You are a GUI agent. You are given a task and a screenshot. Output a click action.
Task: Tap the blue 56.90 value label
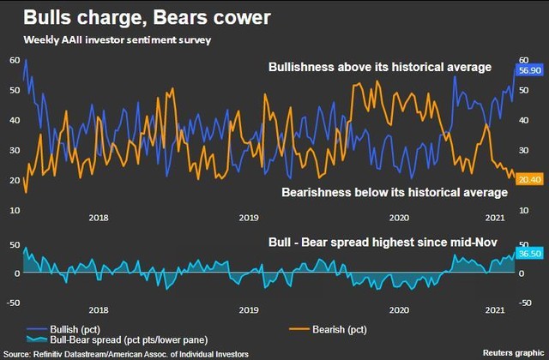(x=529, y=69)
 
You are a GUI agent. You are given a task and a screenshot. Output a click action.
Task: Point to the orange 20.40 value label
(x=529, y=179)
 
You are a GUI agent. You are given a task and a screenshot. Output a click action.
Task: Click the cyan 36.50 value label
(x=529, y=255)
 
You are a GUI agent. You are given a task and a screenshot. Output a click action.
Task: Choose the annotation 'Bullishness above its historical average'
(x=380, y=67)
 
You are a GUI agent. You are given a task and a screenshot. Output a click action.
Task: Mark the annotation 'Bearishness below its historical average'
(x=395, y=192)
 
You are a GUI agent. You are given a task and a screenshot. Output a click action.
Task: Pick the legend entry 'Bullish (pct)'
(x=69, y=328)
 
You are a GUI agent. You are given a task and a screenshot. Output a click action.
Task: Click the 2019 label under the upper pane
(x=248, y=219)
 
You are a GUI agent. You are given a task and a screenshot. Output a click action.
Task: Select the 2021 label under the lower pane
(x=495, y=309)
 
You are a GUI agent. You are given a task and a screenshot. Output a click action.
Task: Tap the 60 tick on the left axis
(x=15, y=60)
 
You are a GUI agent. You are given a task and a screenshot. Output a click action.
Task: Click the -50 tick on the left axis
(x=14, y=302)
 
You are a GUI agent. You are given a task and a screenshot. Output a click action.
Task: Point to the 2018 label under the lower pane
(x=98, y=309)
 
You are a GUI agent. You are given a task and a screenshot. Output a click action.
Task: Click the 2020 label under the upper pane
(x=399, y=219)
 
